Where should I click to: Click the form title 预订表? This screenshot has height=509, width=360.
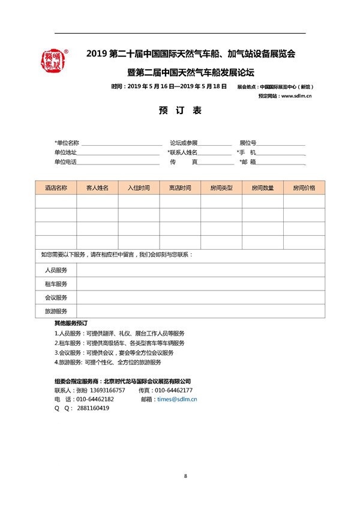tap(180, 112)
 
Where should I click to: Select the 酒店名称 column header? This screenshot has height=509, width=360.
tap(56, 188)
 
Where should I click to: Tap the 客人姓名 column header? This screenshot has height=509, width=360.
tap(97, 188)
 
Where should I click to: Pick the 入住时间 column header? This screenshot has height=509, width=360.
tap(139, 188)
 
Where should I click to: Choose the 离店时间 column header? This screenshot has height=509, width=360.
tap(180, 188)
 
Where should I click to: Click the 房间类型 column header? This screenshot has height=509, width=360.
tap(221, 188)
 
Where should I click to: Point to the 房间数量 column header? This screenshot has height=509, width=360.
tap(263, 188)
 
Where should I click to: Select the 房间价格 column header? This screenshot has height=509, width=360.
tap(304, 188)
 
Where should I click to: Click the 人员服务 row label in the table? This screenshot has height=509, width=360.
tap(56, 270)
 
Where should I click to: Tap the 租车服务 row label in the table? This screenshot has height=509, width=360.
tap(56, 284)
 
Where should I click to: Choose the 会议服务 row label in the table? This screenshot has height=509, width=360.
tap(56, 298)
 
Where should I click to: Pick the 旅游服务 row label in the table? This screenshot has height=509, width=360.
tap(56, 312)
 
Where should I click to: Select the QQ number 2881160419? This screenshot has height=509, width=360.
tap(93, 408)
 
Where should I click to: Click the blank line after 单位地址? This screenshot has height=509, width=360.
tap(120, 153)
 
